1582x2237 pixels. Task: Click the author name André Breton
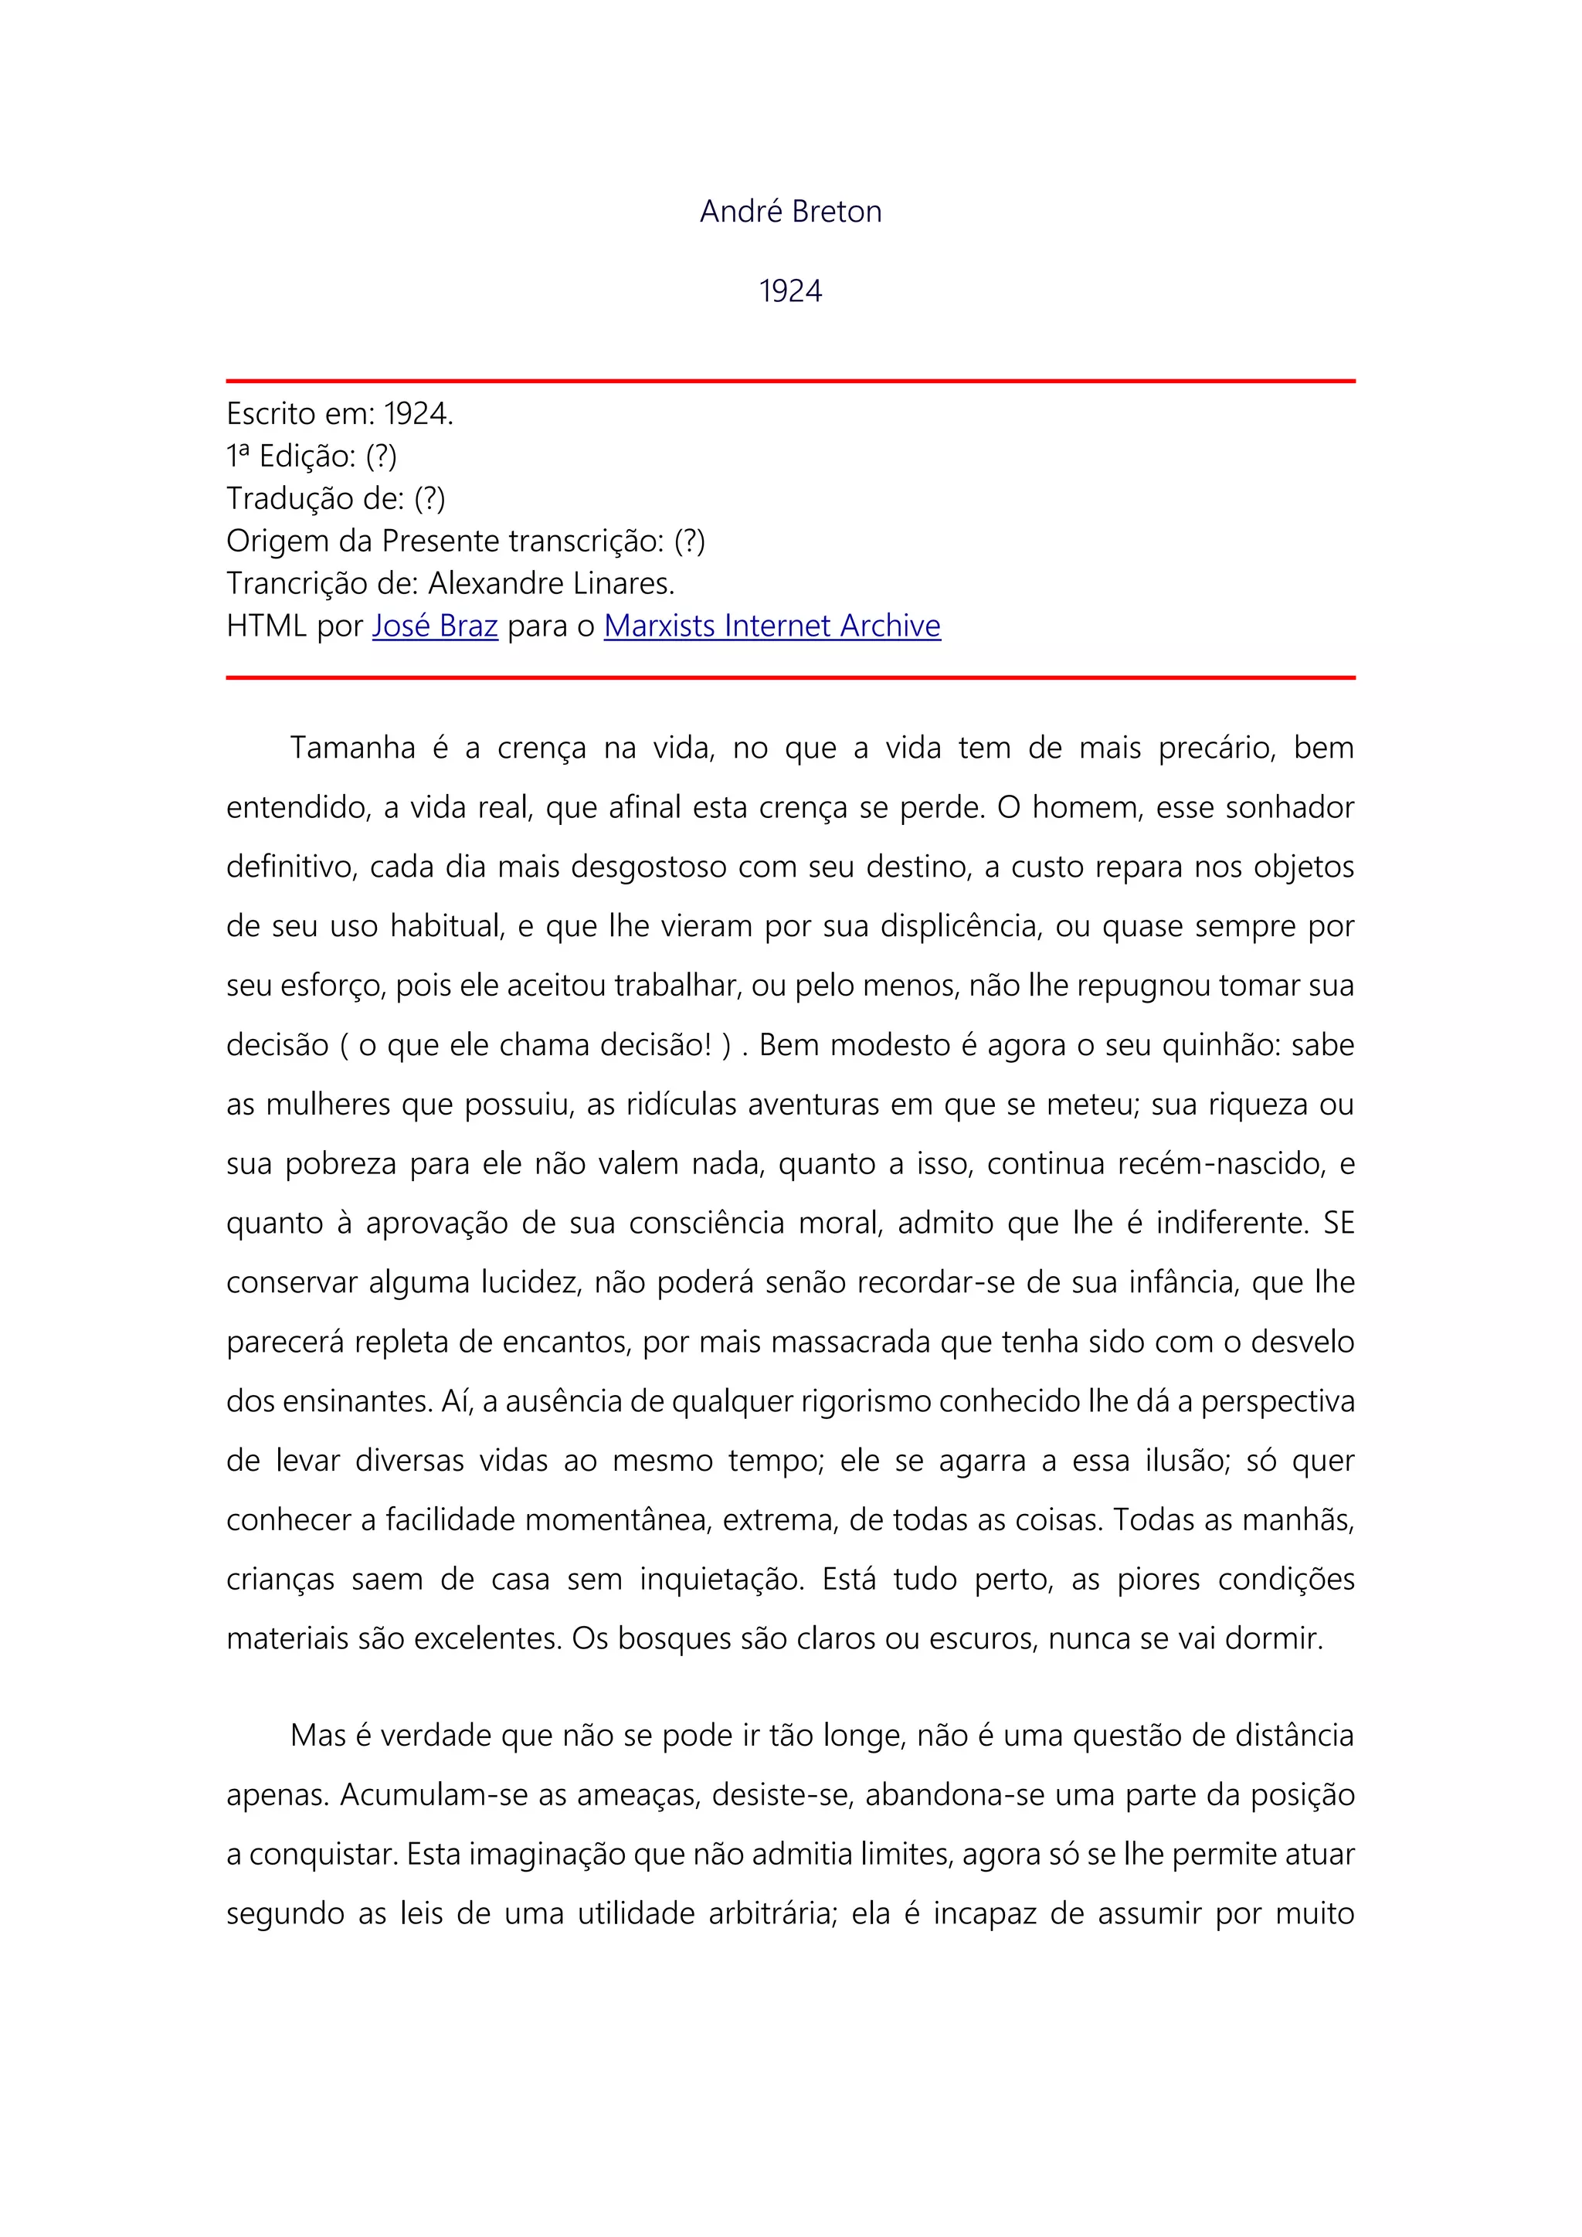(x=790, y=212)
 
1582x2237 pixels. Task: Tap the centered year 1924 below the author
(x=790, y=291)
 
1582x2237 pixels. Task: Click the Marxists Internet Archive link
(x=772, y=626)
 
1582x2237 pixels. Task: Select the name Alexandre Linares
(x=551, y=584)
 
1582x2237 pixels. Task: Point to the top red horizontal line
(x=790, y=381)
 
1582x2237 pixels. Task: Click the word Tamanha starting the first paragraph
(x=353, y=748)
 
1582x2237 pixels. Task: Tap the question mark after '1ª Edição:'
(x=382, y=456)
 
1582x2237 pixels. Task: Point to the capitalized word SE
(x=1339, y=1224)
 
